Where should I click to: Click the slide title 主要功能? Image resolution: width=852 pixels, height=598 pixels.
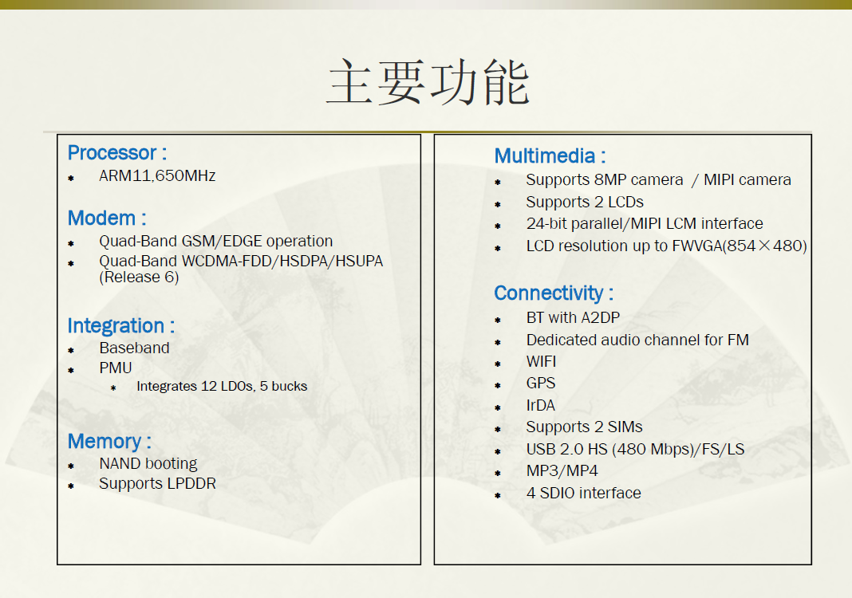click(x=428, y=82)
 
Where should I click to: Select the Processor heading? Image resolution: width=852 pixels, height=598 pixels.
click(x=116, y=153)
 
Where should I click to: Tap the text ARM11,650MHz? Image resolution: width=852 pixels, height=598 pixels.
click(x=157, y=176)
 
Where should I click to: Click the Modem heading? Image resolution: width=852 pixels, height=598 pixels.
click(x=107, y=218)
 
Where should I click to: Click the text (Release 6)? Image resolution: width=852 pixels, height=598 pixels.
click(x=139, y=277)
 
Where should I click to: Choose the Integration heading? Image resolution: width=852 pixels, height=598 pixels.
click(x=120, y=326)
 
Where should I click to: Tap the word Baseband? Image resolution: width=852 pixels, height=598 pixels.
click(x=134, y=348)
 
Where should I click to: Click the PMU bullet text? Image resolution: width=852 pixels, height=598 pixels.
click(x=115, y=368)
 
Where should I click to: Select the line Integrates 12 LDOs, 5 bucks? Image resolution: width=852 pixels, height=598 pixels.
click(x=222, y=386)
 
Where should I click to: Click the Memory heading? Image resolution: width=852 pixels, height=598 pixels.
click(x=109, y=442)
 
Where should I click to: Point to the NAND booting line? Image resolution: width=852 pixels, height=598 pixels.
click(x=148, y=464)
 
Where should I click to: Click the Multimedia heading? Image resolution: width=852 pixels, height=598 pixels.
click(x=550, y=156)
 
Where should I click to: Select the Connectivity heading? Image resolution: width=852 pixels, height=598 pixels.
click(x=554, y=294)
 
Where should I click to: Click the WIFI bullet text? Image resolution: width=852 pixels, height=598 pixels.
click(x=541, y=362)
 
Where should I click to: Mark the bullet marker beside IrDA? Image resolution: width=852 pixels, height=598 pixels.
click(x=498, y=407)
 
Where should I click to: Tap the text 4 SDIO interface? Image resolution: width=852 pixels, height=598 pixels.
click(x=584, y=494)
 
